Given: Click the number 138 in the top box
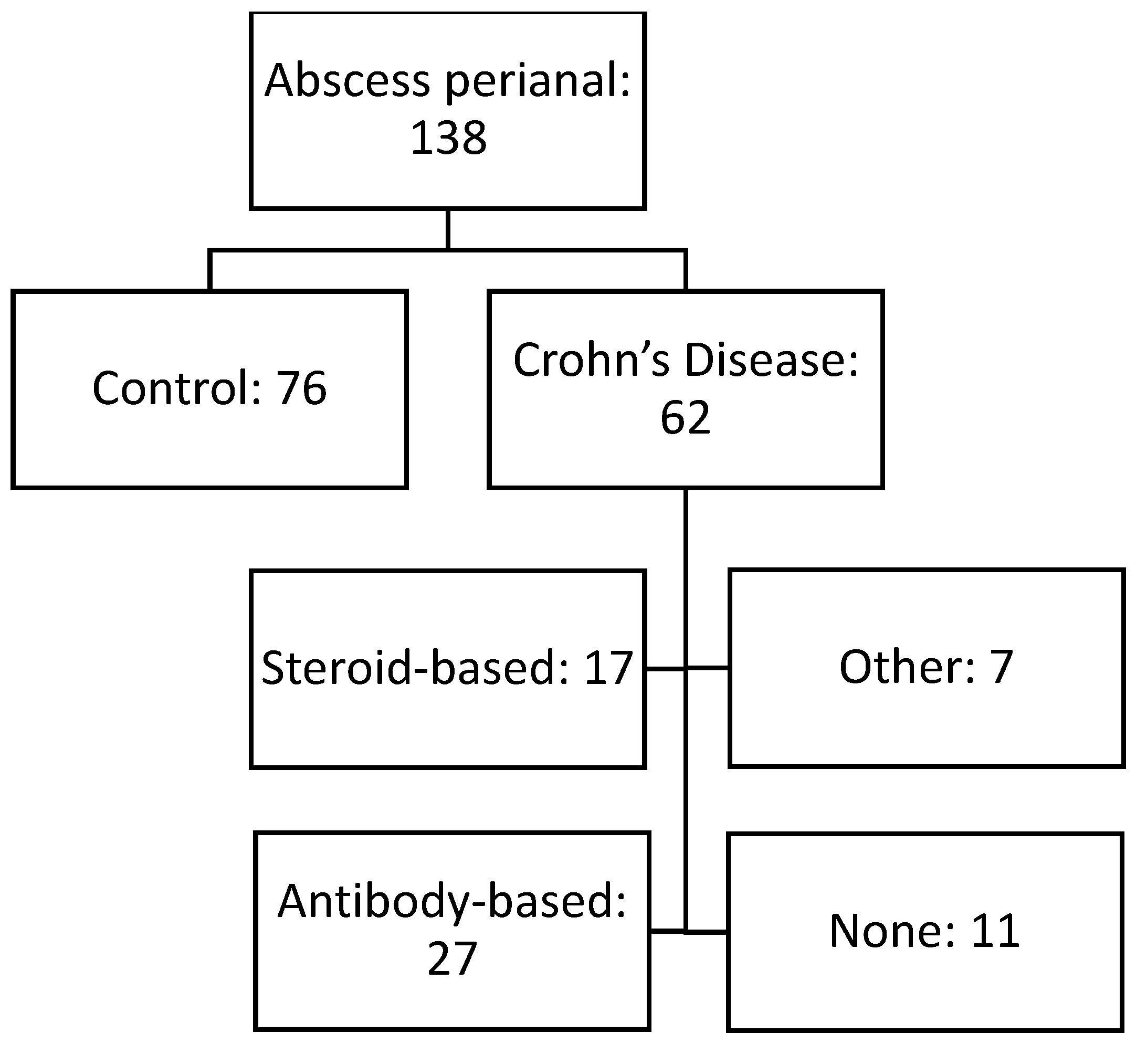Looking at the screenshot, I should tap(448, 139).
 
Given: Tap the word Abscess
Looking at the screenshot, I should tap(347, 81).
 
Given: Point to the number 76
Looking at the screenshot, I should tap(302, 388).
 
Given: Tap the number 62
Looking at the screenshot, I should tap(685, 417).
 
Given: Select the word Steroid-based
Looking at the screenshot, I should tap(415, 668).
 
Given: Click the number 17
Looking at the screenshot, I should tap(608, 668).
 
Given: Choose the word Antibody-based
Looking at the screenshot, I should tap(452, 901).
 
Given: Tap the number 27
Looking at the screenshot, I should tap(452, 958).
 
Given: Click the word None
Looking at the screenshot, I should tap(892, 931).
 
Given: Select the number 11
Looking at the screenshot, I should tap(995, 931).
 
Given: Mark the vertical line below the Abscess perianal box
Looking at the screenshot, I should tap(448, 229).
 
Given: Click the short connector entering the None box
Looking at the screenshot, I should tap(706, 932).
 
